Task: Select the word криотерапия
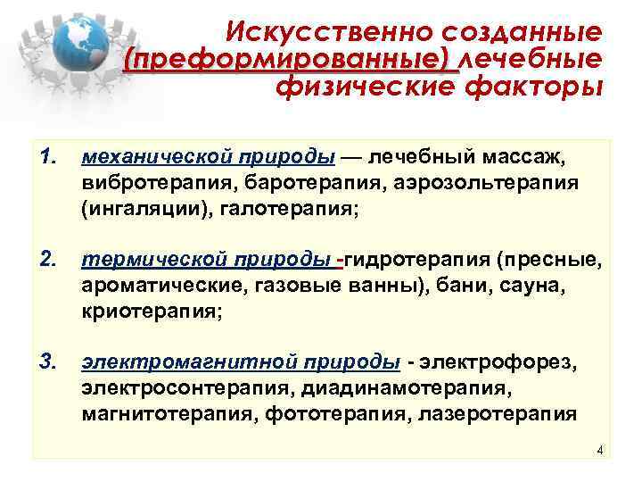point(146,312)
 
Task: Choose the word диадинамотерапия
point(410,388)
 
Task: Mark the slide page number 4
point(600,450)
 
